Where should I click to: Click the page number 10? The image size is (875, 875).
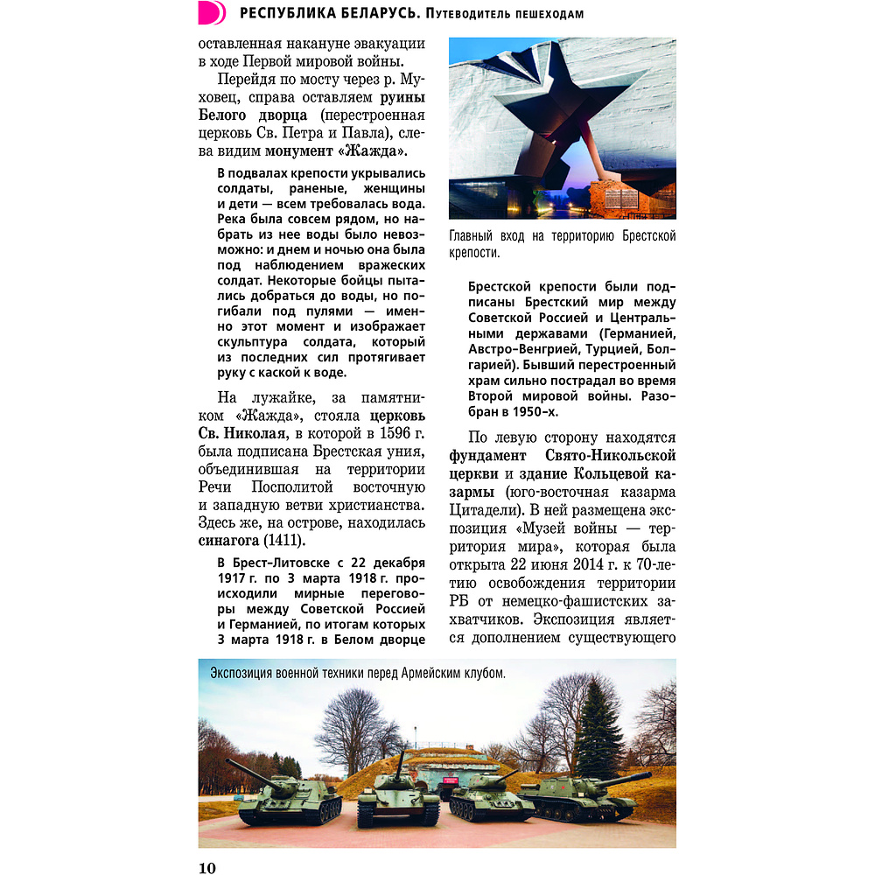pyautogui.click(x=206, y=867)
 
